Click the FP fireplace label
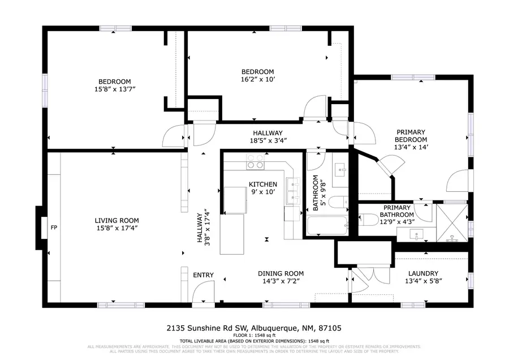pos(54,228)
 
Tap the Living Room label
pos(117,224)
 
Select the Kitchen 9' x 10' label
pos(263,188)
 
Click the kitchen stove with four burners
pos(256,165)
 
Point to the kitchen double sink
pos(293,191)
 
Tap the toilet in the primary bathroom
pos(369,218)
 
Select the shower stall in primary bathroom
pos(452,223)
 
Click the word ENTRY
pos(203,275)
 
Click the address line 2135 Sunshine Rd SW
pos(254,328)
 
